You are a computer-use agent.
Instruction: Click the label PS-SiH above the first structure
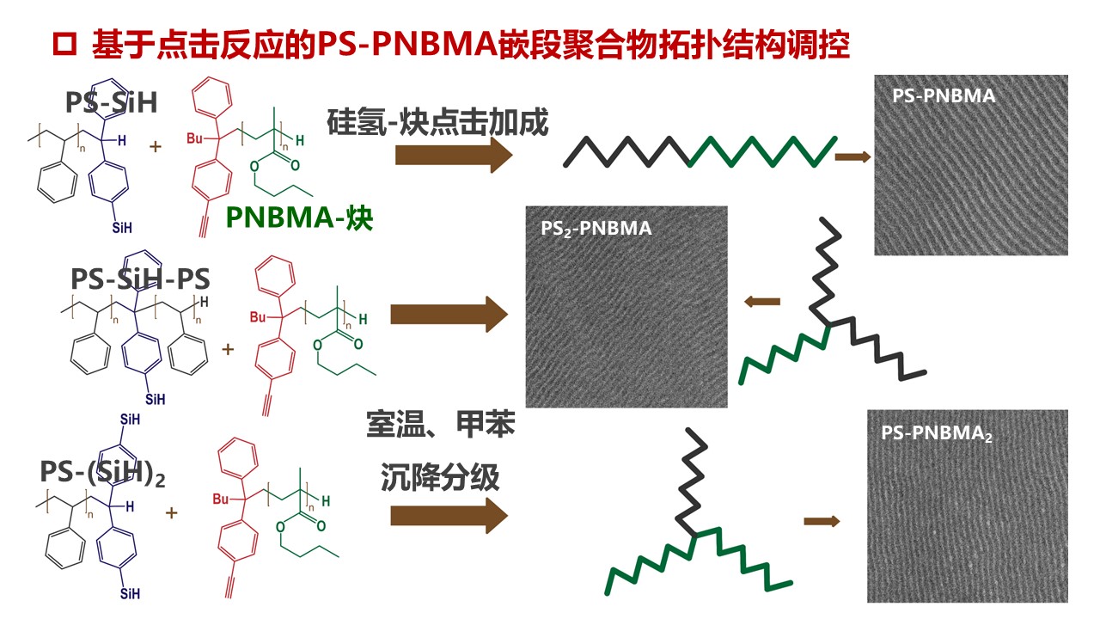click(112, 102)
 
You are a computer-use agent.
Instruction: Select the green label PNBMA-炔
click(299, 218)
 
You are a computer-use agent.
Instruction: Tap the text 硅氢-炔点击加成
click(437, 123)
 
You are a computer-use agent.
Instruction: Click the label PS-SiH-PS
click(141, 279)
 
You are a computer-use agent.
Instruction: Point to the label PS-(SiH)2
click(102, 472)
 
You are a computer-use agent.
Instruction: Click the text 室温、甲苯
click(440, 425)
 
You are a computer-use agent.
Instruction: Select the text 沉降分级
click(440, 477)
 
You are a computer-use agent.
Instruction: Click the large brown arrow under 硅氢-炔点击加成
click(453, 156)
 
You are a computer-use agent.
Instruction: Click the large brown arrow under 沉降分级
click(449, 516)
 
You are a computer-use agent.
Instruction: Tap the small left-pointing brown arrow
click(761, 302)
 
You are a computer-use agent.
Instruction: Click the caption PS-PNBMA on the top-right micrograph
click(944, 96)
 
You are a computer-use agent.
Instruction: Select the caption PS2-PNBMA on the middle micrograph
click(596, 229)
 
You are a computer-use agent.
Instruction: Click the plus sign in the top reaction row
click(156, 147)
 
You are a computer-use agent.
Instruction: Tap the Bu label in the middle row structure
click(258, 317)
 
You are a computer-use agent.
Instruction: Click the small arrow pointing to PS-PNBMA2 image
click(822, 521)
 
